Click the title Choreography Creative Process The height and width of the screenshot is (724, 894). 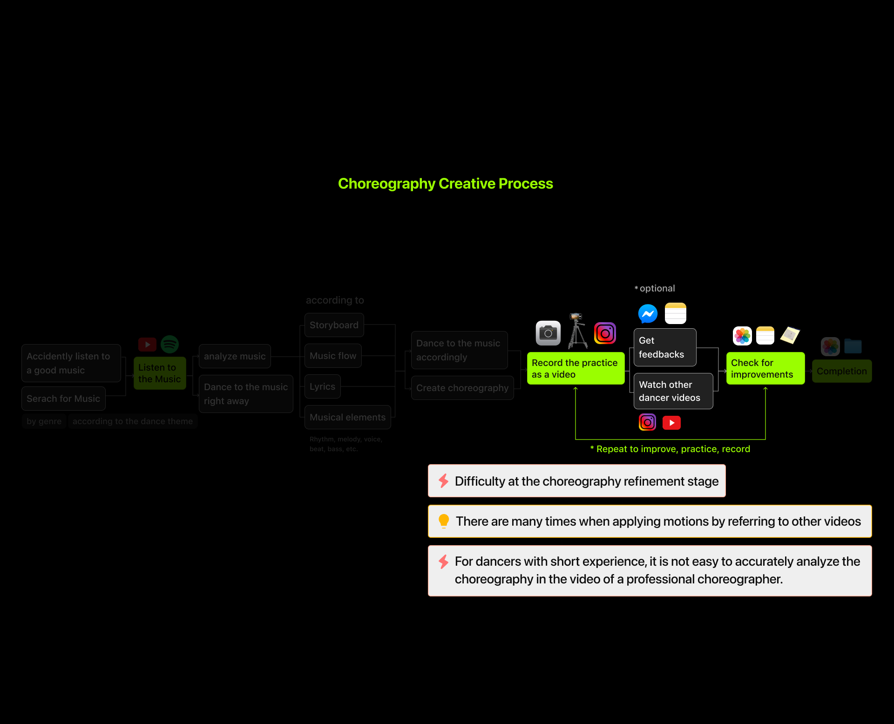pos(445,183)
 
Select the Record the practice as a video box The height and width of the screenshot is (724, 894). pos(576,368)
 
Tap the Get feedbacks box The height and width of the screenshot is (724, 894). pos(664,347)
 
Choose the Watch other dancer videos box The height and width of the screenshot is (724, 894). pos(673,391)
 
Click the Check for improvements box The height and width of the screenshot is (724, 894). pos(765,368)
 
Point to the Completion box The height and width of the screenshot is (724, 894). pos(841,371)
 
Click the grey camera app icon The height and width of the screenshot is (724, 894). pos(548,333)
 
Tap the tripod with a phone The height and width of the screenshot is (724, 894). pos(577,331)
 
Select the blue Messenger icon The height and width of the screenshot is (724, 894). pos(648,313)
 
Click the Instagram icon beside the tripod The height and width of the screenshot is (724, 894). pos(605,333)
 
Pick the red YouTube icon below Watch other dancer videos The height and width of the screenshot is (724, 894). pos(671,423)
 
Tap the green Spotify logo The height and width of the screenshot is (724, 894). pos(169,345)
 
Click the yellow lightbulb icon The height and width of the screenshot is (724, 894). pos(444,521)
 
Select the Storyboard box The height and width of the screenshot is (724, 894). pos(334,325)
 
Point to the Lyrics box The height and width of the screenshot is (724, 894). pos(322,386)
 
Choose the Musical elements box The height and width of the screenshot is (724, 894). pos(347,417)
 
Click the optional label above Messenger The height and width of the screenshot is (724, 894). pos(655,288)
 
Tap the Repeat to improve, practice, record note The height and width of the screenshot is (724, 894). pos(670,449)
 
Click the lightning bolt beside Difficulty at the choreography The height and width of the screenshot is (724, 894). pos(443,480)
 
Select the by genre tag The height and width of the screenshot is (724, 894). pos(44,421)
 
